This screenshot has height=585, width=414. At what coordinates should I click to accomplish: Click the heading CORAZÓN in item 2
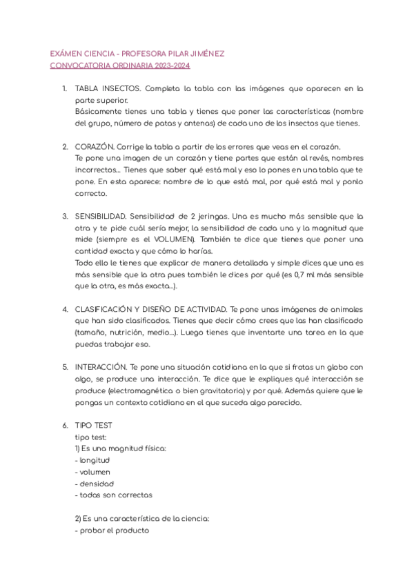click(94, 147)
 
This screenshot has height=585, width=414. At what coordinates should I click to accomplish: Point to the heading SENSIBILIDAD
click(99, 216)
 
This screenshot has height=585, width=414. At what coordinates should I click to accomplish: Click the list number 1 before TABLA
click(64, 89)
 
